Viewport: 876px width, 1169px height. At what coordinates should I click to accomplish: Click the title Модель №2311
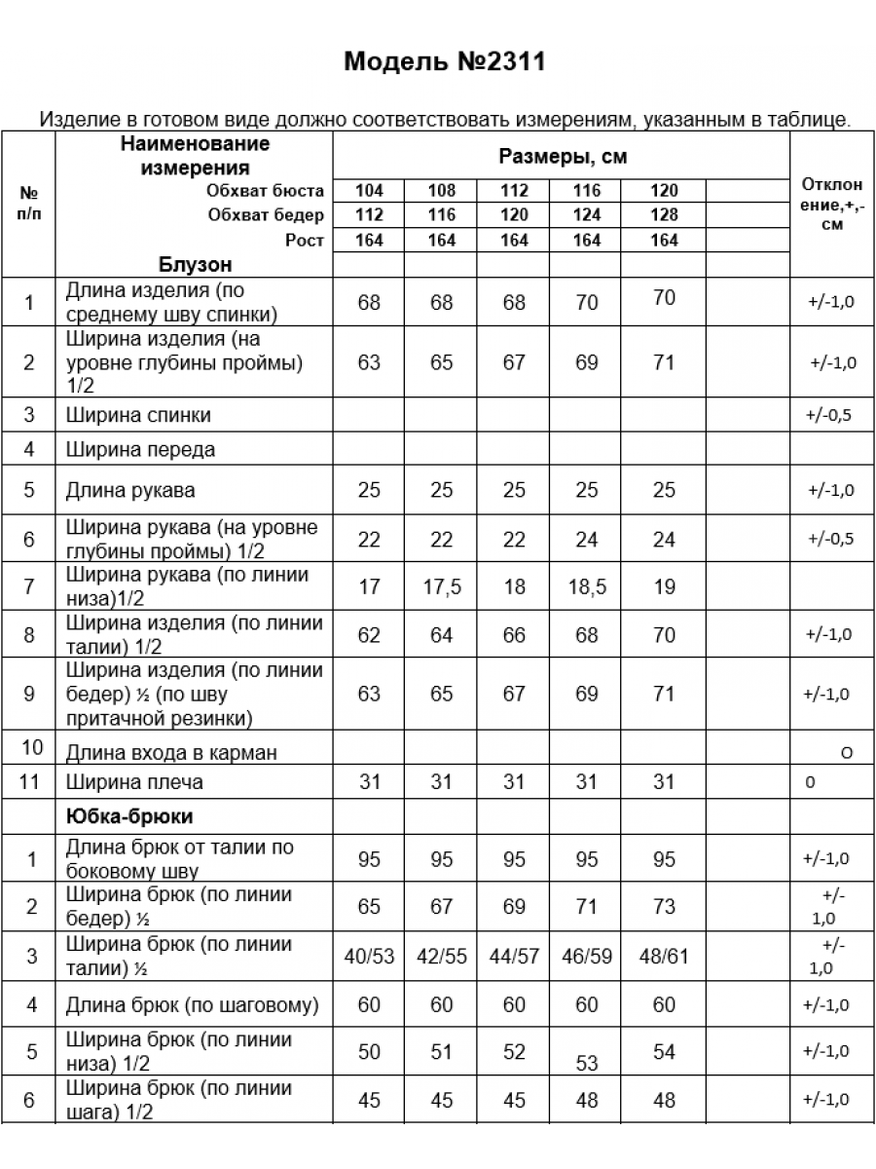tap(444, 62)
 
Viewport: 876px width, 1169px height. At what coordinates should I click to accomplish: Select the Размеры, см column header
tap(562, 157)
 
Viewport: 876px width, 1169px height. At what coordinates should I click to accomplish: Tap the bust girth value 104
tap(369, 191)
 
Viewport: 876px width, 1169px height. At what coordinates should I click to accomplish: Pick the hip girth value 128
tap(664, 215)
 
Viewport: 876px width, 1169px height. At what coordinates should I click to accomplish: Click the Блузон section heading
tap(195, 265)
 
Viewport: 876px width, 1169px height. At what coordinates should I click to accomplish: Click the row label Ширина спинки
tap(138, 415)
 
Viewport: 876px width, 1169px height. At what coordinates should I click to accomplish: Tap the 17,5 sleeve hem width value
tap(442, 587)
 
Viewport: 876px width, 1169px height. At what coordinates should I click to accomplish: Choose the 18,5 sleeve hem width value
tap(586, 587)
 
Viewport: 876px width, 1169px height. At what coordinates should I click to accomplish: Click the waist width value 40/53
tap(369, 957)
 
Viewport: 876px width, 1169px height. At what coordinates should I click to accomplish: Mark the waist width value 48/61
tap(664, 957)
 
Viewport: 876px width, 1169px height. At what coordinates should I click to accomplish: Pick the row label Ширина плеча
tap(134, 782)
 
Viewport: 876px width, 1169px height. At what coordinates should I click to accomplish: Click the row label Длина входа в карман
tap(171, 752)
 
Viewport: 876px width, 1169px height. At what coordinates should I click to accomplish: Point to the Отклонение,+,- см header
tap(831, 205)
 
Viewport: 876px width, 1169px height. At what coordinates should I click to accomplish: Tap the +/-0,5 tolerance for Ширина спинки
tap(829, 416)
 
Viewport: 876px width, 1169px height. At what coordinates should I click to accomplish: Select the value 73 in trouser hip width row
tap(664, 907)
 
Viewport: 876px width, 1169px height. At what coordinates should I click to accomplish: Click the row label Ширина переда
tap(140, 450)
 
